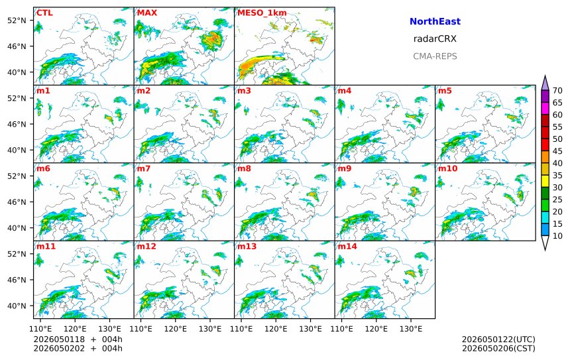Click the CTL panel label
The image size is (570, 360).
(44, 13)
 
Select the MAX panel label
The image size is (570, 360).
(147, 13)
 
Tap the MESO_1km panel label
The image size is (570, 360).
(262, 13)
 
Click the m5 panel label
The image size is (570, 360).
(445, 91)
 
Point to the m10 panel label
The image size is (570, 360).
(447, 168)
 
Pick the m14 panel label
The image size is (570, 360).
(347, 247)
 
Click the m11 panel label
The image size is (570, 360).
(46, 247)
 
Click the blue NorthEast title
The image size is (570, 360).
(435, 21)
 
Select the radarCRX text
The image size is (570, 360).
(435, 39)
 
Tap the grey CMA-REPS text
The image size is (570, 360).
(435, 56)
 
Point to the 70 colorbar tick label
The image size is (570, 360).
(557, 91)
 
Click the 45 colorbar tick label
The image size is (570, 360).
(557, 151)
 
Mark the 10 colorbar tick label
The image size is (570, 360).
(557, 236)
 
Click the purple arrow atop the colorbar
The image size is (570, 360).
(545, 83)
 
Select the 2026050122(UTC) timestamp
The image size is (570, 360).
(498, 339)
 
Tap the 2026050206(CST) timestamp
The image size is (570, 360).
(498, 348)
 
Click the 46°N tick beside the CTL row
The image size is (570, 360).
(17, 46)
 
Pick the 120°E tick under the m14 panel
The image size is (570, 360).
(376, 329)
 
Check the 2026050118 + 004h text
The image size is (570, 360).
(78, 339)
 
